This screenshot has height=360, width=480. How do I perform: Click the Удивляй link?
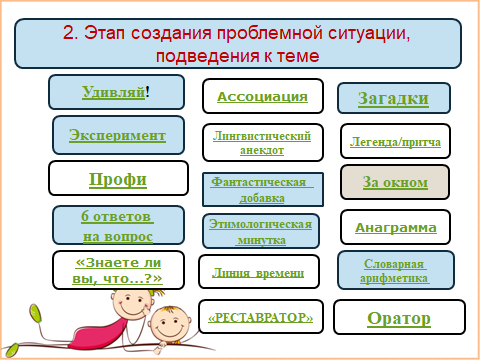coord(114,92)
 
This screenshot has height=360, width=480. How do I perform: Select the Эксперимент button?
coord(118,135)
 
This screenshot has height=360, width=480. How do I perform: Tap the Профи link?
coord(118,179)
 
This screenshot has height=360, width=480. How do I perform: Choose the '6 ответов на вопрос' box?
coord(118,225)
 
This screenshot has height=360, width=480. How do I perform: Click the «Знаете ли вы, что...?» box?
coord(118,270)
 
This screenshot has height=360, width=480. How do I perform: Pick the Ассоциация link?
coord(262,97)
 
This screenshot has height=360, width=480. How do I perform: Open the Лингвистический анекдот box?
coord(263,143)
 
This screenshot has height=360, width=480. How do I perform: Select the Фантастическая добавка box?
coord(263,189)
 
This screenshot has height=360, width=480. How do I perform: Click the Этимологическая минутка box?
coord(261,231)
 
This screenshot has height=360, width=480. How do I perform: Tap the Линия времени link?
coord(258,273)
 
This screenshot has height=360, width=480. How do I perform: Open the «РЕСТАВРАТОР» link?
coord(261,317)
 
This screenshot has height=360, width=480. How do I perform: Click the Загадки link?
coord(393,99)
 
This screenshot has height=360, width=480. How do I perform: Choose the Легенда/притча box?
coord(395,141)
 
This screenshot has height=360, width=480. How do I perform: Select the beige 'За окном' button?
coord(395,182)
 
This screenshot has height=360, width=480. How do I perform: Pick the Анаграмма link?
coord(396,228)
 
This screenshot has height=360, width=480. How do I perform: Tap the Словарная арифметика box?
coord(396,270)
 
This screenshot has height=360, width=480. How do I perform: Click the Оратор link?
coord(399,318)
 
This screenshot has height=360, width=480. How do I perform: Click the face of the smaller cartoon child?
coord(168,323)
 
